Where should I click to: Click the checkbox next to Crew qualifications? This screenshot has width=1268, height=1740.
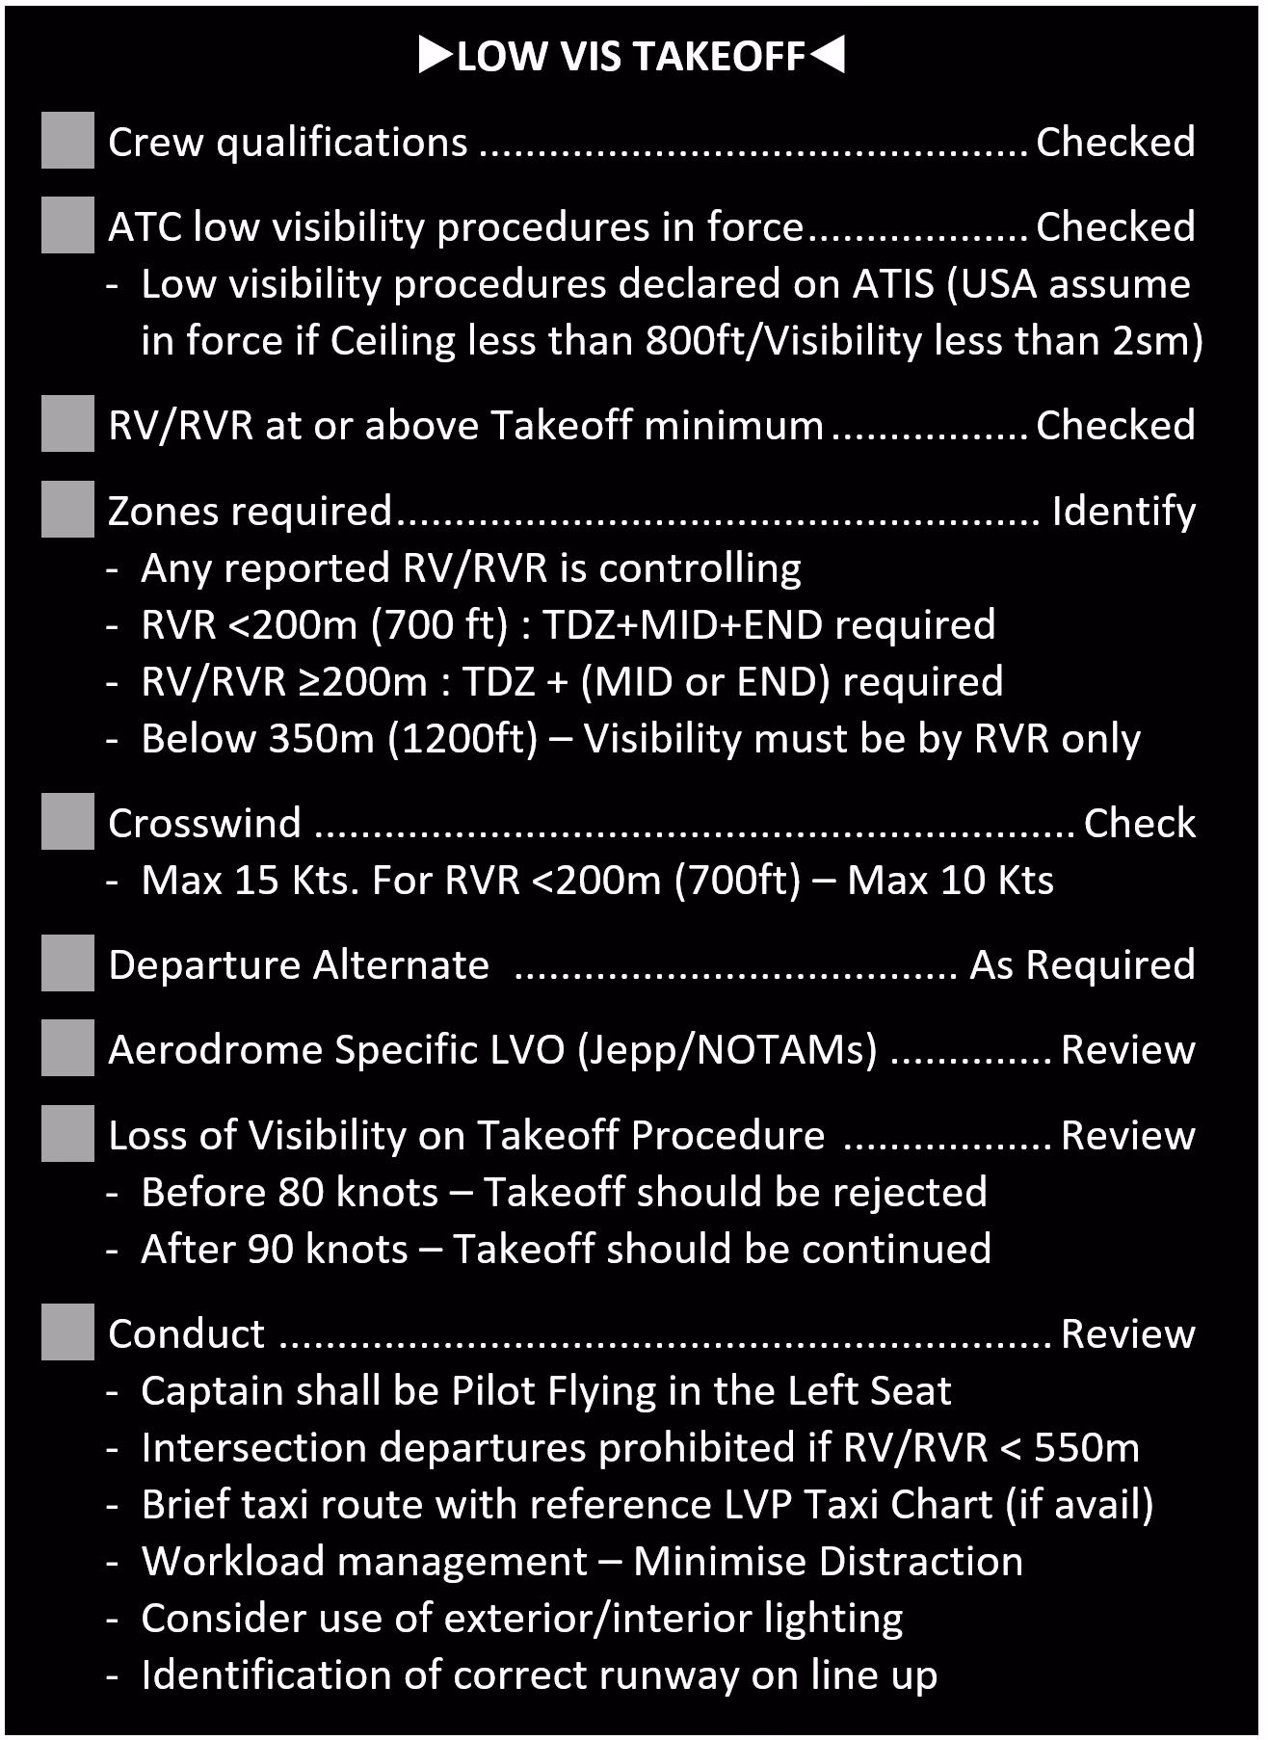(x=67, y=141)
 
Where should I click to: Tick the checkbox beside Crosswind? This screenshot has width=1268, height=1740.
(x=67, y=822)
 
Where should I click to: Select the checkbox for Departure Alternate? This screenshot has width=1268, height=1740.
(x=67, y=963)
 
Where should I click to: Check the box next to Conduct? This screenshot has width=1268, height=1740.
(x=67, y=1332)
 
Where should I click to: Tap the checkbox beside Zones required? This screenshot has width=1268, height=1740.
(x=67, y=510)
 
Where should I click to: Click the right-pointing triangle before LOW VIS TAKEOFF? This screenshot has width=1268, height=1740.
(x=436, y=56)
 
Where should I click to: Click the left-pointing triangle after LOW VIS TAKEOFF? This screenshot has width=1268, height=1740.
(x=827, y=56)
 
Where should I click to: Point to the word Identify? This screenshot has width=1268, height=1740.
(x=1123, y=512)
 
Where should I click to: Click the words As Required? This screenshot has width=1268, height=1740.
(x=1082, y=964)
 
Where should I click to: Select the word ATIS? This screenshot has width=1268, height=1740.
(x=893, y=284)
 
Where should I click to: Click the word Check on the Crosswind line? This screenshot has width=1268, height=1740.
(x=1139, y=823)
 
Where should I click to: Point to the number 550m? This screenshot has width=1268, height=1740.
(x=1087, y=1448)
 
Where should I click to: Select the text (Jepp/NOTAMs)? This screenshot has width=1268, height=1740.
(x=727, y=1050)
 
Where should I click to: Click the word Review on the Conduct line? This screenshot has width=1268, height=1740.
(x=1127, y=1333)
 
